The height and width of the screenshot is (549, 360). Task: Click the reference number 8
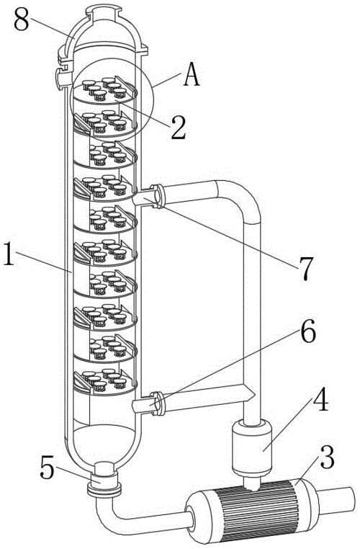(x=22, y=20)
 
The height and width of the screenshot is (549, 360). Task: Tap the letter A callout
(x=192, y=75)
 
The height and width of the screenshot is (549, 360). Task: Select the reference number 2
(x=179, y=128)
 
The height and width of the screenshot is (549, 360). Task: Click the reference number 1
(x=9, y=254)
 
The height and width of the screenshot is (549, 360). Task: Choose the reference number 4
(x=321, y=399)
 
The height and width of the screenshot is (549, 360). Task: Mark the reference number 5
(x=48, y=468)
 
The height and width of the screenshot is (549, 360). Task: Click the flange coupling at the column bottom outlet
(x=104, y=485)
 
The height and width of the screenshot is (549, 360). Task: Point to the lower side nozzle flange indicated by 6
(x=158, y=403)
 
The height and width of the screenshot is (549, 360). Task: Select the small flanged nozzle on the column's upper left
(x=61, y=77)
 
